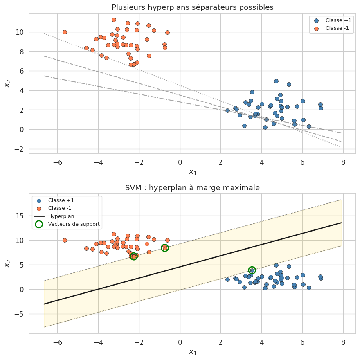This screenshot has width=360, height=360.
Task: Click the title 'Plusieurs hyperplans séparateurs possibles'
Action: click(192, 7)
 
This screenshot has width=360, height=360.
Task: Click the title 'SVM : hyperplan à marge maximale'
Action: click(192, 188)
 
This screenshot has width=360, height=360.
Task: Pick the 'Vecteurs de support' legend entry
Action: click(74, 224)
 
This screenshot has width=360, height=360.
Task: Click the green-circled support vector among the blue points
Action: click(252, 270)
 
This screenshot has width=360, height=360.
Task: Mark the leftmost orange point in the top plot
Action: click(65, 32)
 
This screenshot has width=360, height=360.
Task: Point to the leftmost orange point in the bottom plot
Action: click(65, 241)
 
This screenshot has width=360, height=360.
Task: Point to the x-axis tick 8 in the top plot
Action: click(343, 162)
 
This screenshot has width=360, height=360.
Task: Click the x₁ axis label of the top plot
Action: click(192, 172)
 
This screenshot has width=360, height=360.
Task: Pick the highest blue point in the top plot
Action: click(276, 81)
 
